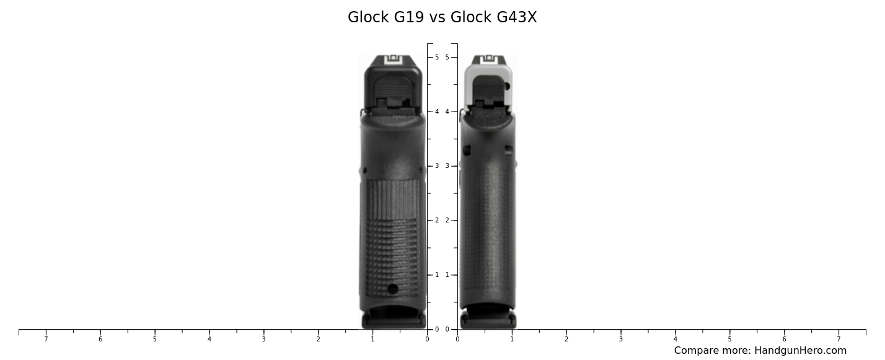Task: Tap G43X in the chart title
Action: [516, 17]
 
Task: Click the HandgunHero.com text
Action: [800, 351]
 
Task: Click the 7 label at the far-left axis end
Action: [46, 339]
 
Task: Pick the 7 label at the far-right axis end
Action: [839, 339]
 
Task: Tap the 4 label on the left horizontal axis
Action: [209, 339]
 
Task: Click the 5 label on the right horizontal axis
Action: [729, 339]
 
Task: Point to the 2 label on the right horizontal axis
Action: [566, 339]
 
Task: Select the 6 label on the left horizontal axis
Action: [100, 339]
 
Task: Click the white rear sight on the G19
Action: [393, 59]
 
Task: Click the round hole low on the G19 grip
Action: [393, 289]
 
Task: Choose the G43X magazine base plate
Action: [488, 322]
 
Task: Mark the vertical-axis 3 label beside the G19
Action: [437, 166]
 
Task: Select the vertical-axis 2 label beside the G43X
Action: [447, 221]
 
